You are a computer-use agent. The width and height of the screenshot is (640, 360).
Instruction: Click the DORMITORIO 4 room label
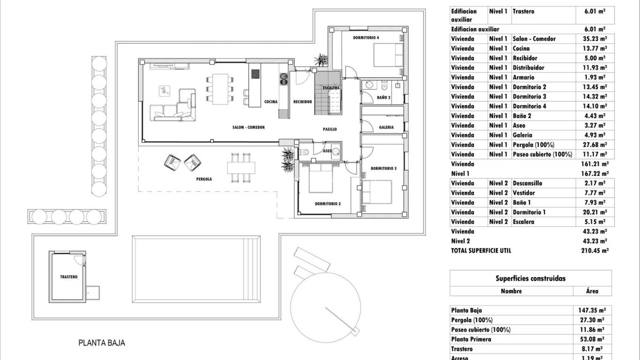[366, 37]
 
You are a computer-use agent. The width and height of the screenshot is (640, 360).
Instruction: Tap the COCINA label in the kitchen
[270, 102]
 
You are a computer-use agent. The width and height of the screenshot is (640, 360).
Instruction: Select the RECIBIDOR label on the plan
[303, 102]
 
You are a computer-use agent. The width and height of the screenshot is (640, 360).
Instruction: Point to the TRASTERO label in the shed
[68, 277]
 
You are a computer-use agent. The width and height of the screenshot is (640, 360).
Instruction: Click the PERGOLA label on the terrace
[204, 179]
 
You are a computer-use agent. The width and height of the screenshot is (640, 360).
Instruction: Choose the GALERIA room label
[386, 127]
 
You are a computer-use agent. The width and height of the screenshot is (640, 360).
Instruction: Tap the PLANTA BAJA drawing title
[102, 343]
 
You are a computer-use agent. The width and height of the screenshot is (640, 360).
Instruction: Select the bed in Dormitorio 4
[388, 55]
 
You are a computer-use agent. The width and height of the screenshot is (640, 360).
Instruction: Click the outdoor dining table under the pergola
[242, 167]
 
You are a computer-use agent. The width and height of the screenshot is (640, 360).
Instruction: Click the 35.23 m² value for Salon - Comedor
[592, 39]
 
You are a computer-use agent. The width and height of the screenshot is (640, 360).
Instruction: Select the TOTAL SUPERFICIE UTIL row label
[481, 251]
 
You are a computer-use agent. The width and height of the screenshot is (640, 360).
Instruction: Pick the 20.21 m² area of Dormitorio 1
[592, 212]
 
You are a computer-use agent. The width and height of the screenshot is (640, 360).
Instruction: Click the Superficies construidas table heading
[530, 278]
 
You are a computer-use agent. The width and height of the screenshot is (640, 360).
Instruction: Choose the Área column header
[592, 291]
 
